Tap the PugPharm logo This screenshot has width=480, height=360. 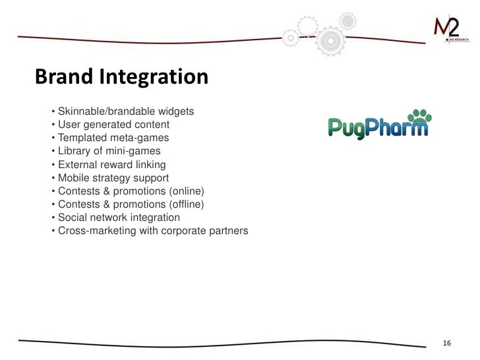coord(378,125)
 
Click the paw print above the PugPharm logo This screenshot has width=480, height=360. coord(419,117)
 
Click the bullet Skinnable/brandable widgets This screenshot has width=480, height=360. coord(125,111)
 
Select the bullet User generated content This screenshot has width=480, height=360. coord(113,125)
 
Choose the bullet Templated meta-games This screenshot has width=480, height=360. coord(113,138)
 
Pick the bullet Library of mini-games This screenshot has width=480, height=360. coord(109,151)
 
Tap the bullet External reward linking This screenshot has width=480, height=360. coord(111,165)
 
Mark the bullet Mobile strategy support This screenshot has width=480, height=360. coord(113,178)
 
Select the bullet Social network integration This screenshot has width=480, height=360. coord(119,218)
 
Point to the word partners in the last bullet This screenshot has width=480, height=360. coord(228,231)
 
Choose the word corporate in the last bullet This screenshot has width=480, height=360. coord(183,231)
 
